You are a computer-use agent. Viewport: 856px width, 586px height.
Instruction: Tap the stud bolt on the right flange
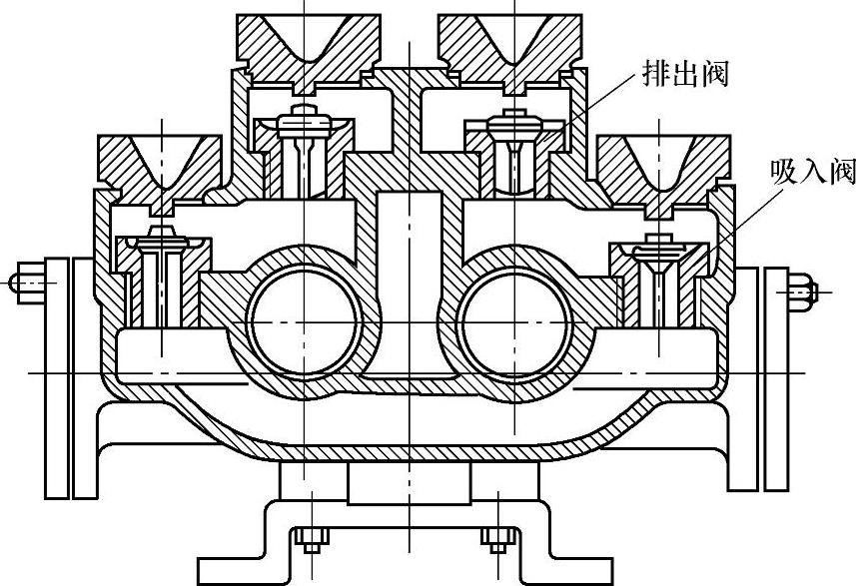pos(799,291)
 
